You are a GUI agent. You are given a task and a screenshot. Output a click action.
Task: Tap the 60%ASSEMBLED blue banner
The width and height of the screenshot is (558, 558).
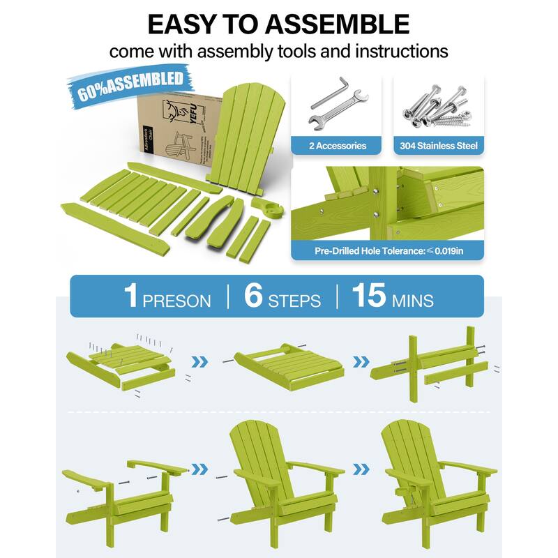(x=133, y=84)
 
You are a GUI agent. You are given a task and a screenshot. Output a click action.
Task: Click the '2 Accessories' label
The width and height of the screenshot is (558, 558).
(x=338, y=146)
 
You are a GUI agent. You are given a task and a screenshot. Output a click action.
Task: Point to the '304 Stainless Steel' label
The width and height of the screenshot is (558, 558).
(x=439, y=146)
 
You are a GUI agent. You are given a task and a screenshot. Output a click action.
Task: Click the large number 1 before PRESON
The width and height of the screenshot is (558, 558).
(x=130, y=296)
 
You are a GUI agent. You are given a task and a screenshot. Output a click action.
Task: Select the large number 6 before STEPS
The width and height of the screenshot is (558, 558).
(x=254, y=296)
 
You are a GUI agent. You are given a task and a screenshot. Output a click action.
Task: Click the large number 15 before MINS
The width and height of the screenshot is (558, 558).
(x=368, y=296)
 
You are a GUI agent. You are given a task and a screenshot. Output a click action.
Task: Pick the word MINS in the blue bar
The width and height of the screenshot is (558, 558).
(x=412, y=301)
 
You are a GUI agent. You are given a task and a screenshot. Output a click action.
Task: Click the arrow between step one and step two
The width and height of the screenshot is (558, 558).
(x=200, y=361)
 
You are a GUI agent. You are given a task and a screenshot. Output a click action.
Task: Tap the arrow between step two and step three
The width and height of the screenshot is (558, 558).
(x=361, y=361)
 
